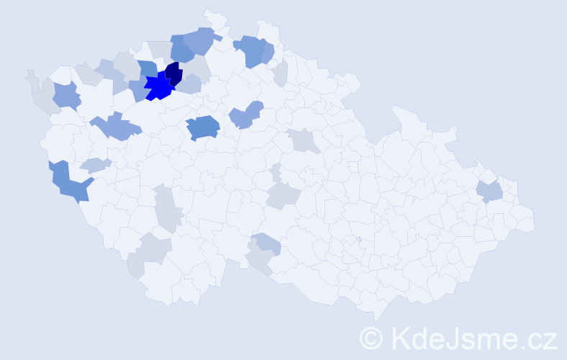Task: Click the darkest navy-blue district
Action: click(173, 73)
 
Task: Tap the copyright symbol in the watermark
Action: click(372, 338)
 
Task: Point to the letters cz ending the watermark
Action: click(541, 338)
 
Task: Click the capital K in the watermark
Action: click(400, 338)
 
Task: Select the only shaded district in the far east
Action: click(489, 192)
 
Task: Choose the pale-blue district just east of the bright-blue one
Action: click(189, 85)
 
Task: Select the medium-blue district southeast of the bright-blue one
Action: click(204, 127)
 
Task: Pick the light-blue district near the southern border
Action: click(267, 245)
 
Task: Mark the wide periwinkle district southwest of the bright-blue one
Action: click(115, 127)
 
